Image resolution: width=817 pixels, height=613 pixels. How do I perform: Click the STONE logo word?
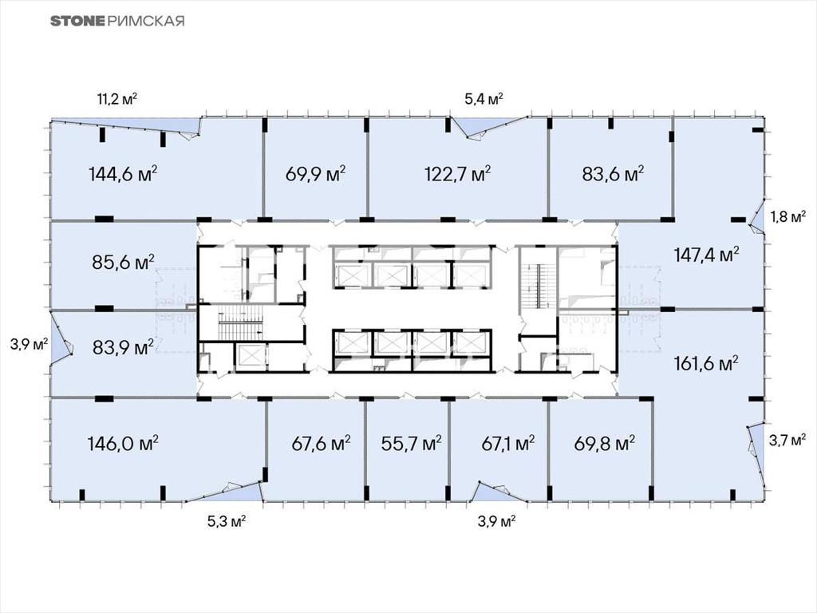click(x=78, y=21)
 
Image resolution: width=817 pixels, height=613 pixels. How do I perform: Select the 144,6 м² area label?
click(x=124, y=173)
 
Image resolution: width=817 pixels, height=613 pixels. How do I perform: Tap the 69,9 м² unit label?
click(x=316, y=173)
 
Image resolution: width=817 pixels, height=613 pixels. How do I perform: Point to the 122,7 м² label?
click(x=458, y=173)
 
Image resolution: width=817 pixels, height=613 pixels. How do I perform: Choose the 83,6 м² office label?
click(x=613, y=173)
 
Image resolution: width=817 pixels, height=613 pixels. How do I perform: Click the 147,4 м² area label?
click(x=707, y=255)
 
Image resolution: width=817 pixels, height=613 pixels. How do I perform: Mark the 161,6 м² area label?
click(x=706, y=363)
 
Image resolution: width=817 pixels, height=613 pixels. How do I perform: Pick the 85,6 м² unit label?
click(x=123, y=262)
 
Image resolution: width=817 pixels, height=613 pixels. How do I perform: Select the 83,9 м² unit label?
click(x=123, y=346)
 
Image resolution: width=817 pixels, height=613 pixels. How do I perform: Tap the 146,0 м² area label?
click(x=123, y=444)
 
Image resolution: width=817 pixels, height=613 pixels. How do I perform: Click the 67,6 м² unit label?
click(x=321, y=444)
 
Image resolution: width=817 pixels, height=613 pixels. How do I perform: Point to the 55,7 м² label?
click(x=411, y=444)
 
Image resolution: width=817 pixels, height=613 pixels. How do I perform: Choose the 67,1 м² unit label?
click(x=508, y=444)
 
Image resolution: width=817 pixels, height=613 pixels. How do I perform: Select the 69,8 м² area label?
click(x=605, y=444)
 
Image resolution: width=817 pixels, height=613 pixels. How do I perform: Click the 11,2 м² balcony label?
click(x=117, y=98)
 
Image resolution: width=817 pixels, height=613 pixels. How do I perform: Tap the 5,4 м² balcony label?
click(x=483, y=98)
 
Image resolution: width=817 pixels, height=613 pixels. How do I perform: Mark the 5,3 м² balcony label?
click(x=227, y=521)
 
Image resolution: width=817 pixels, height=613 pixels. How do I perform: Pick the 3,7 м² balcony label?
click(x=787, y=441)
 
